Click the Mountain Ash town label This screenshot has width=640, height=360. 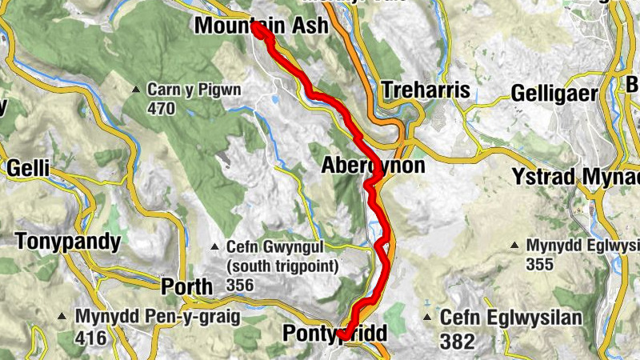pyautogui.click(x=261, y=26)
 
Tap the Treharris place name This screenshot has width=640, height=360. pyautogui.click(x=426, y=90)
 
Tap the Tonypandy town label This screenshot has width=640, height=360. pyautogui.click(x=67, y=242)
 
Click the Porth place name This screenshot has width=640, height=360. pyautogui.click(x=187, y=286)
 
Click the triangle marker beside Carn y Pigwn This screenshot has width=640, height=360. pyautogui.click(x=138, y=89)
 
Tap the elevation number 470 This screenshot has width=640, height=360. pyautogui.click(x=161, y=109)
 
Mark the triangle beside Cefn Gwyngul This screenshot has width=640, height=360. pyautogui.click(x=214, y=246)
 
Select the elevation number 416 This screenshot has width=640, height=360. pyautogui.click(x=91, y=338)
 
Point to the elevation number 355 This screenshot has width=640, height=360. pyautogui.click(x=539, y=263)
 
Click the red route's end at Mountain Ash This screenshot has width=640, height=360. pyautogui.click(x=258, y=28)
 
